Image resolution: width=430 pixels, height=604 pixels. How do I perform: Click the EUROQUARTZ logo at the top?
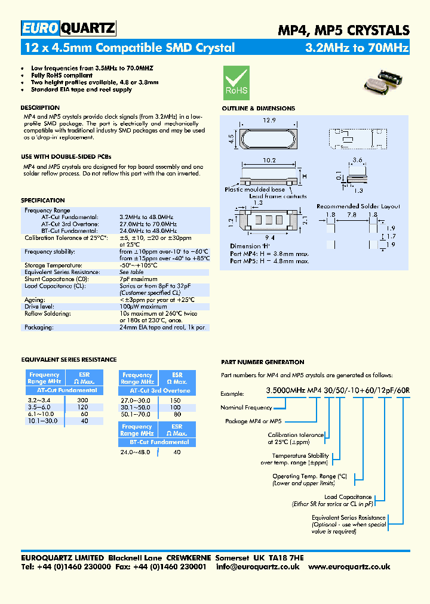click(68, 28)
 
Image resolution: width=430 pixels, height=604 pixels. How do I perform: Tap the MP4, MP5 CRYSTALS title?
click(344, 29)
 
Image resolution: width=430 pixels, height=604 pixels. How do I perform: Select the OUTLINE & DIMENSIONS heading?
click(258, 109)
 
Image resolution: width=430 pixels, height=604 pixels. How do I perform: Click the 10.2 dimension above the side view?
click(268, 161)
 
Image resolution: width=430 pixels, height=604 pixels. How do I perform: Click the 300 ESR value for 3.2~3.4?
click(83, 399)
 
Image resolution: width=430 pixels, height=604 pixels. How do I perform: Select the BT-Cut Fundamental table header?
click(156, 442)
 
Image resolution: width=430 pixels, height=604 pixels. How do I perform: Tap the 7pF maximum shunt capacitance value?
click(139, 279)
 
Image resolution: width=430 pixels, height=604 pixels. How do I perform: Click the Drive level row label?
click(39, 307)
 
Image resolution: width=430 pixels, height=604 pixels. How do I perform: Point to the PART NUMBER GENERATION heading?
click(262, 362)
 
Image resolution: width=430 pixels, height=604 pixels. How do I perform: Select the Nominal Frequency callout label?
click(246, 408)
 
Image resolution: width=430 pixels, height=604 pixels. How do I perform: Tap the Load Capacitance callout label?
click(348, 497)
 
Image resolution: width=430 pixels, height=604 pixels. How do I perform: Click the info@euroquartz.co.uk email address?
click(258, 566)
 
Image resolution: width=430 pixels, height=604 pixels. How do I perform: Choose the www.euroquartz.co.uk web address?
click(350, 566)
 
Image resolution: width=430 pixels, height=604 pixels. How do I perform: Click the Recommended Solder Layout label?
click(358, 206)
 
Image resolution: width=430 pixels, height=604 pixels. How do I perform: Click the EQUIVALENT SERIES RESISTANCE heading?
click(69, 360)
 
